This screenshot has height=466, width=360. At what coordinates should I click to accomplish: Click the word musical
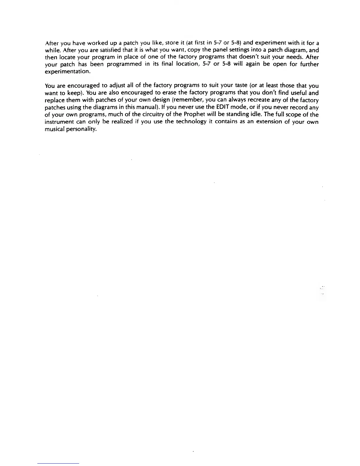(x=53, y=129)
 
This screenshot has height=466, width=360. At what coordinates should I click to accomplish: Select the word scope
(x=301, y=114)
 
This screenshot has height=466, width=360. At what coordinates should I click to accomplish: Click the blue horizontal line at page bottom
(x=58, y=463)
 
